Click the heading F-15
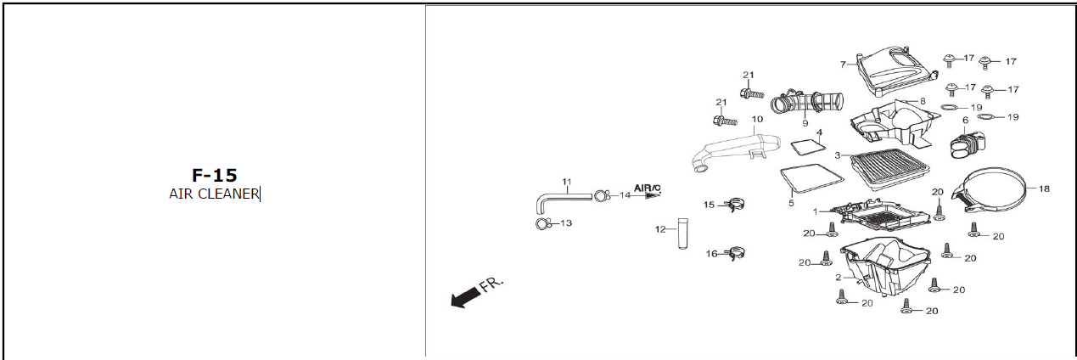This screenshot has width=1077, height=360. [214, 176]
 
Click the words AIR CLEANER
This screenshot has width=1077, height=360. [214, 194]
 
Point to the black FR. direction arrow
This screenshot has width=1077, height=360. [464, 296]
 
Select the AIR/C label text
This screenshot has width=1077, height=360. [647, 188]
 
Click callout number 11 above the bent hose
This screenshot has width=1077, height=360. [567, 182]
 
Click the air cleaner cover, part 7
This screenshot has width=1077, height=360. [891, 72]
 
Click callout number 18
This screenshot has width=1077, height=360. [1044, 188]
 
